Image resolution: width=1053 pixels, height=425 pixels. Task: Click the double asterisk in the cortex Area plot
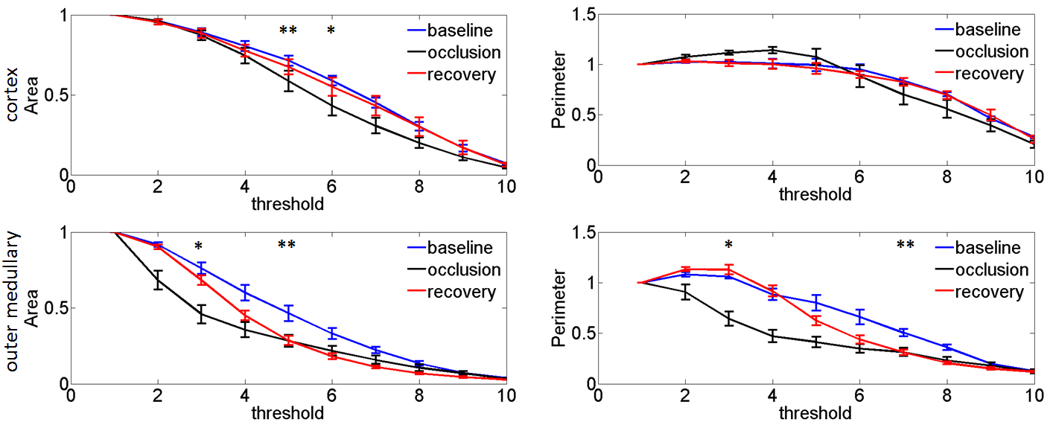tap(287, 31)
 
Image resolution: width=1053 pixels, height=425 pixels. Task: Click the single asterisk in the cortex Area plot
tap(331, 31)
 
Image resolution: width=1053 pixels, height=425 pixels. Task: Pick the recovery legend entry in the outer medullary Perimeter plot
tap(988, 292)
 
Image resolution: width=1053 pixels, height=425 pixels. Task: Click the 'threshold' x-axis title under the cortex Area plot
tap(287, 203)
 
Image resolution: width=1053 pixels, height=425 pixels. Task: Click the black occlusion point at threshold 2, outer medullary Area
tap(157, 280)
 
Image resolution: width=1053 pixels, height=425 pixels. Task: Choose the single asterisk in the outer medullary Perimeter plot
tap(728, 245)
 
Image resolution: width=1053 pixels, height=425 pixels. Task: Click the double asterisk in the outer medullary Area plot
tap(287, 245)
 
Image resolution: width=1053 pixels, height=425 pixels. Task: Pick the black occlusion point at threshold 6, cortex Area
tap(331, 105)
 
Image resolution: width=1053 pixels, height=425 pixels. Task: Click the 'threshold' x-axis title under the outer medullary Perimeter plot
tap(815, 412)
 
